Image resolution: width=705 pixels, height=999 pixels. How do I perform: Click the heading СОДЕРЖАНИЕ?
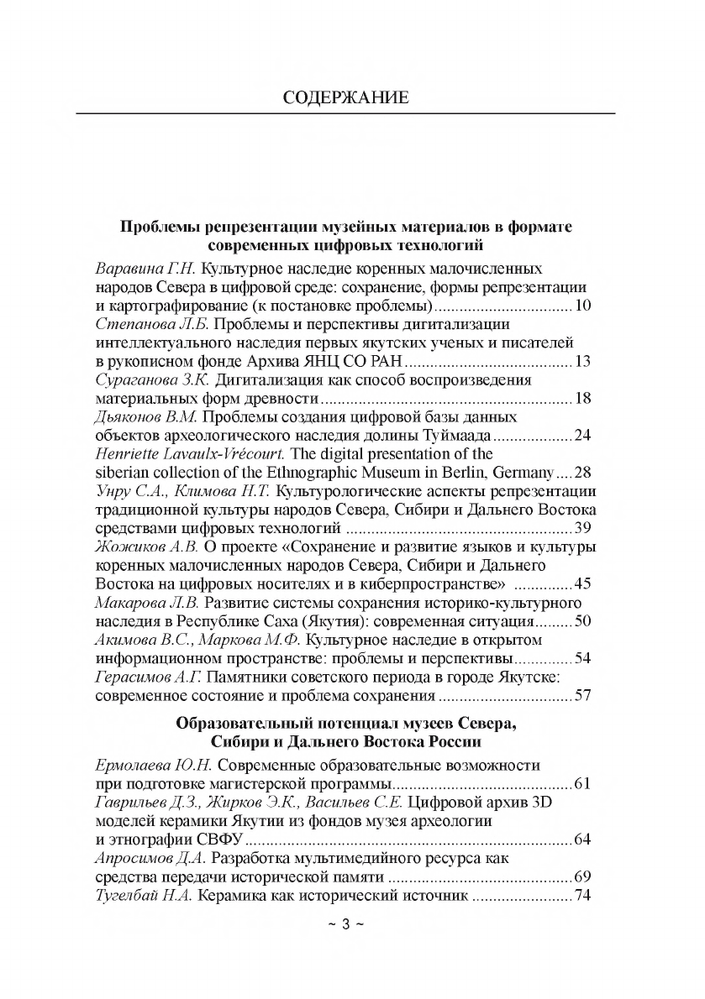pos(346,97)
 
